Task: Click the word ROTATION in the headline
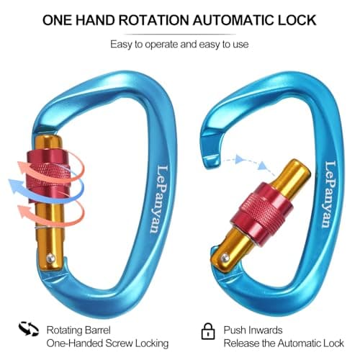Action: (154, 20)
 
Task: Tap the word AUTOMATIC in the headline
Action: (233, 20)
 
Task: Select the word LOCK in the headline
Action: (297, 20)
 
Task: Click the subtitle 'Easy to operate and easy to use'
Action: (179, 45)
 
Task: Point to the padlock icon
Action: (208, 331)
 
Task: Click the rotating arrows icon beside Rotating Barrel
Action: (29, 329)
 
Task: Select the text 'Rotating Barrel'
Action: (78, 330)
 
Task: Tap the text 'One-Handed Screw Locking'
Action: (107, 343)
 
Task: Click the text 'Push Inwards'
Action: (253, 330)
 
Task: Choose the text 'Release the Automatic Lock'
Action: (284, 343)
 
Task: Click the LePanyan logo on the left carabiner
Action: (158, 199)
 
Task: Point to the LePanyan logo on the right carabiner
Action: (330, 194)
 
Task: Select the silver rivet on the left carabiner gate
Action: (50, 258)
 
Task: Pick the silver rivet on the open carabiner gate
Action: (225, 258)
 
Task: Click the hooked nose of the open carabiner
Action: (212, 149)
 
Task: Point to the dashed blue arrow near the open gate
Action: (250, 163)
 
